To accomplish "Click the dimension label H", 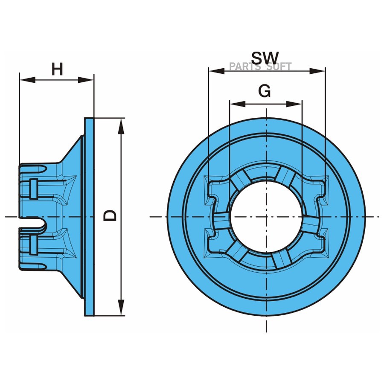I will [x=57, y=69].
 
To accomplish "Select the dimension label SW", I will [x=265, y=58].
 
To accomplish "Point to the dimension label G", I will [x=265, y=91].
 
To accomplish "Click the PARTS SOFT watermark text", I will [x=260, y=67].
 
